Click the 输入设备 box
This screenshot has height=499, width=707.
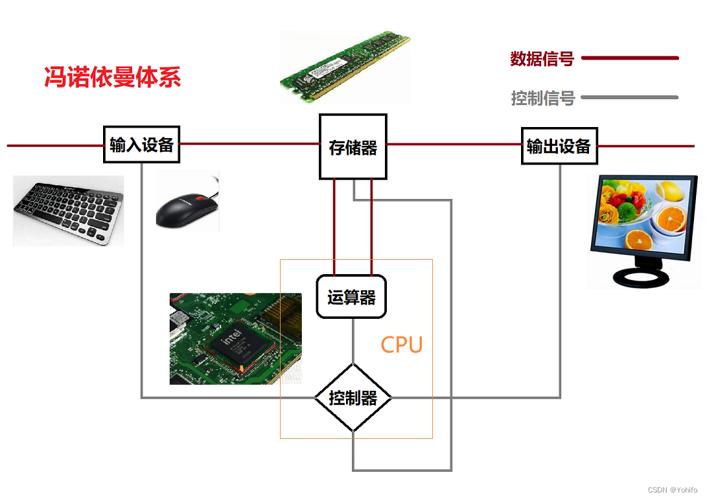point(142,145)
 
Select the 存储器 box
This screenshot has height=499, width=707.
point(353,147)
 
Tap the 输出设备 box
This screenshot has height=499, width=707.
point(559,146)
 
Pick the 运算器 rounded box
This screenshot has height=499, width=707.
point(351,297)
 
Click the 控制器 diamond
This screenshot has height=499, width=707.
point(353,397)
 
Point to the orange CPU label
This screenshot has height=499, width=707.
point(402,345)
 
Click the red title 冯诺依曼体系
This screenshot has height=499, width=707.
point(112,77)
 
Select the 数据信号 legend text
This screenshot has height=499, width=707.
point(542,58)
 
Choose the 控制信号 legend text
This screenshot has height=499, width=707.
point(542,99)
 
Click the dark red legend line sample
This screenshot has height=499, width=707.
point(630,58)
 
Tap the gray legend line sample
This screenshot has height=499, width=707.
point(630,98)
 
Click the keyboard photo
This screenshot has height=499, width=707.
point(68,211)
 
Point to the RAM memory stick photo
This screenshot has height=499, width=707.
point(345,65)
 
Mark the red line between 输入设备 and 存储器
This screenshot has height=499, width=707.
point(249,143)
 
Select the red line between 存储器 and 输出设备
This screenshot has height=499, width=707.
point(454,144)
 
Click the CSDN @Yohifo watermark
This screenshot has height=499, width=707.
point(672,490)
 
